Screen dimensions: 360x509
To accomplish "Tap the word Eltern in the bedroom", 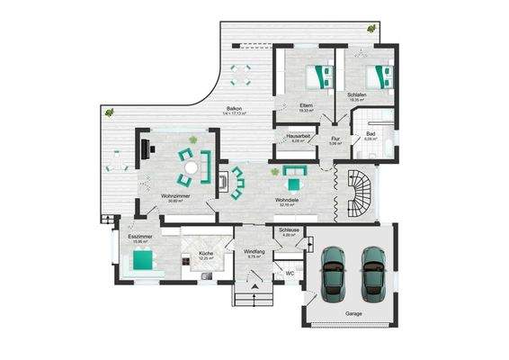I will point(305,105).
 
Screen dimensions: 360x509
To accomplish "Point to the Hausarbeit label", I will point(299,137).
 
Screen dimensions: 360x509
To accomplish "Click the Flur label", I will point(335,139).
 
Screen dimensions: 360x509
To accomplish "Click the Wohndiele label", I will point(288,201).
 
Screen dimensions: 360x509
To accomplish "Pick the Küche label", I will point(206,255).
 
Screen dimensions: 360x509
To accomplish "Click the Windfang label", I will point(254,252).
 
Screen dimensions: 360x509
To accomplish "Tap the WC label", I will point(290,273).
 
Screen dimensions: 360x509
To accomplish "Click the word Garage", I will point(354,313).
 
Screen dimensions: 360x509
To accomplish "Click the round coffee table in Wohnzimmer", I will point(191,167).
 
